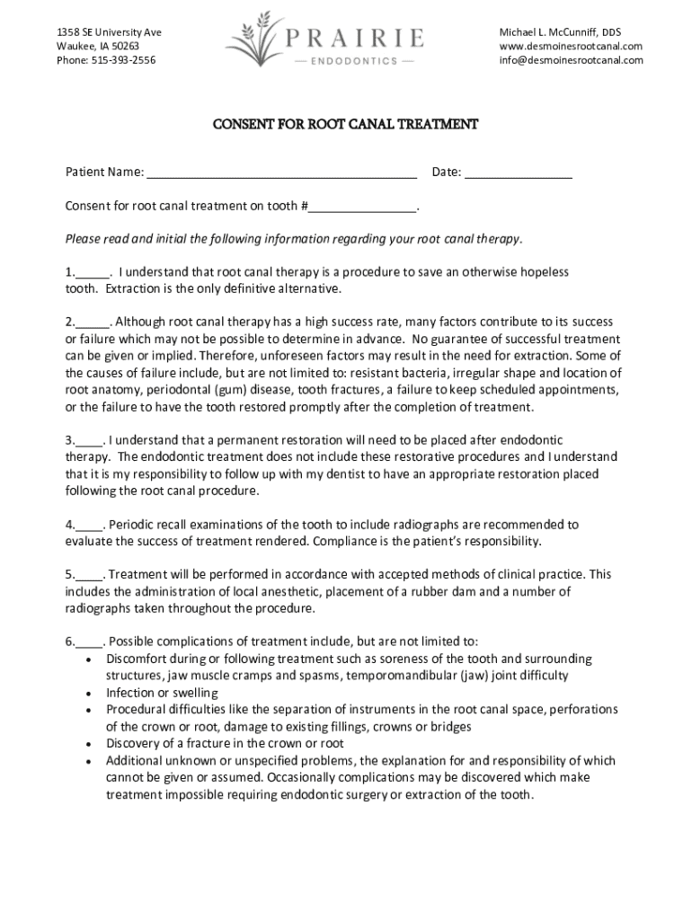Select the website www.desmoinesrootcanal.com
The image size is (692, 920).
[572, 46]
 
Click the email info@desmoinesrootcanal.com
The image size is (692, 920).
[572, 60]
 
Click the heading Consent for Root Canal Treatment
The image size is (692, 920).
[345, 124]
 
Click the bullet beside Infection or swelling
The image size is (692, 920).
[87, 694]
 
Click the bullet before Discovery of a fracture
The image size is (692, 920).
[87, 744]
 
